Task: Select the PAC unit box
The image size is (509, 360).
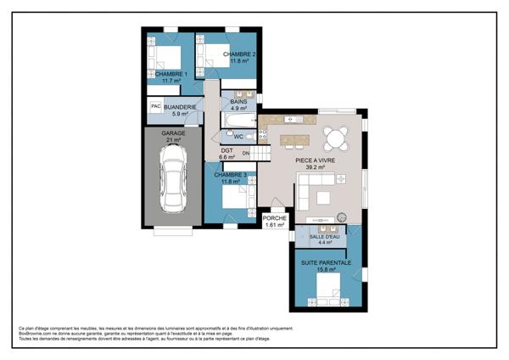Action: (x=155, y=107)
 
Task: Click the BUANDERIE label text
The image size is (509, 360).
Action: (x=182, y=107)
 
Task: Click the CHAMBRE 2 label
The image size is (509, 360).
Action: (x=240, y=54)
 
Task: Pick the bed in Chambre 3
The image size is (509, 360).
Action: (x=233, y=200)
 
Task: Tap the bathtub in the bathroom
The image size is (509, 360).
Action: (x=234, y=136)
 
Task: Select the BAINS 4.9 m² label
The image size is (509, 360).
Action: (x=238, y=105)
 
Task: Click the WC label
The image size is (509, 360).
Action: (x=238, y=137)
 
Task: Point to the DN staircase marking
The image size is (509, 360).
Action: (x=246, y=153)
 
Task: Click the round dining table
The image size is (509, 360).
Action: (x=335, y=136)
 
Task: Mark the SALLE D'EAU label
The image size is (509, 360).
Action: (x=324, y=237)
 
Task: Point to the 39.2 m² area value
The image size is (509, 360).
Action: (x=316, y=167)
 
